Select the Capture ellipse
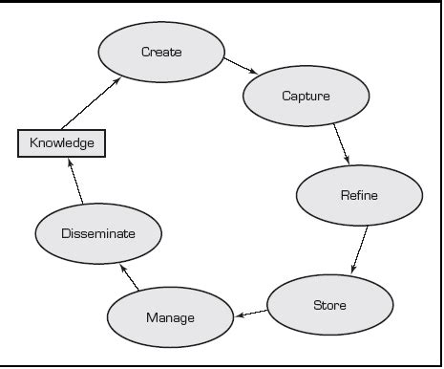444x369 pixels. (307, 97)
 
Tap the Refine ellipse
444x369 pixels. (359, 196)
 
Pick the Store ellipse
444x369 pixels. (329, 305)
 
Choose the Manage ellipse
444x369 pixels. (170, 317)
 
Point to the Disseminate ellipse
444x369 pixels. (98, 233)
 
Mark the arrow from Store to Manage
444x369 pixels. (251, 313)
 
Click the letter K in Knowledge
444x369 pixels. (33, 144)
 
